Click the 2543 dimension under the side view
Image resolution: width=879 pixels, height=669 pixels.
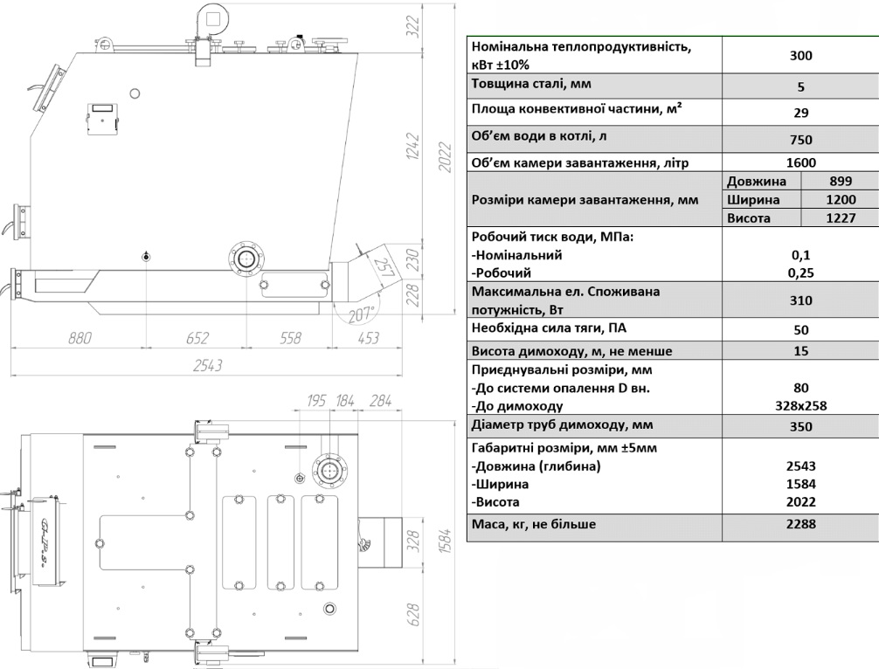click(x=207, y=365)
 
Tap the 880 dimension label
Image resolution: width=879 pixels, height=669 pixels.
click(x=79, y=338)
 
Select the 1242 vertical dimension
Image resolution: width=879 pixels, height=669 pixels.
click(x=412, y=146)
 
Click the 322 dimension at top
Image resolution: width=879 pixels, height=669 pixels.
click(x=412, y=26)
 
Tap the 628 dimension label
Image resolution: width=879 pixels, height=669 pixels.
click(x=412, y=614)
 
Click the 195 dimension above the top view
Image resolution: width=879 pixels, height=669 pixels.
click(x=316, y=401)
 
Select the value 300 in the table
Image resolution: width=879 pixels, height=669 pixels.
click(x=800, y=56)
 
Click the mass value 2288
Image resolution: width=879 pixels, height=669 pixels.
click(x=801, y=524)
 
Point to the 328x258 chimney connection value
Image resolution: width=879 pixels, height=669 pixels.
click(x=801, y=405)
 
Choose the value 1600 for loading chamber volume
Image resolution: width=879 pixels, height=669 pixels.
click(x=801, y=162)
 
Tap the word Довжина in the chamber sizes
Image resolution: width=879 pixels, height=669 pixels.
click(x=756, y=182)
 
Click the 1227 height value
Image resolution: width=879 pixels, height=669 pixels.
click(x=841, y=218)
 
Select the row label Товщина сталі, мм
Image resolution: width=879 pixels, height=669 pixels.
click(x=531, y=84)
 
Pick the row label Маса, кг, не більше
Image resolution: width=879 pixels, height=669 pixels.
click(x=534, y=524)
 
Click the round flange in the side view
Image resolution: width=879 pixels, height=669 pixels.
click(x=246, y=259)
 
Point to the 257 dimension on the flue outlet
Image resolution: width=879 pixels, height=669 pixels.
click(x=384, y=268)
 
